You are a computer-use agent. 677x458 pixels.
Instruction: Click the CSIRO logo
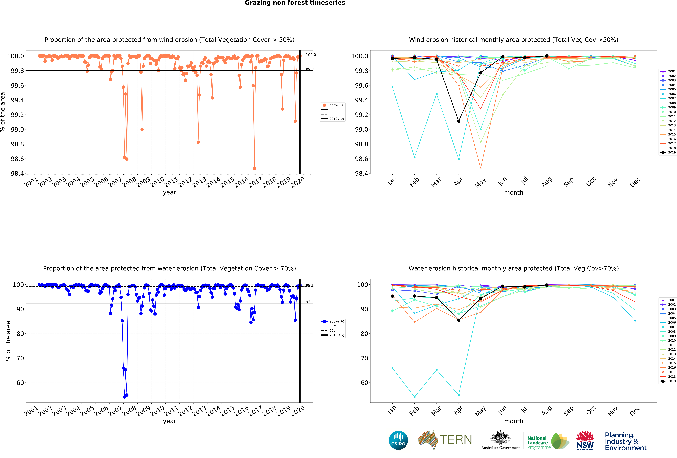click(398, 440)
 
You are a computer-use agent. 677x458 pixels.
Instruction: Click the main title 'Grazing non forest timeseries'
click(295, 3)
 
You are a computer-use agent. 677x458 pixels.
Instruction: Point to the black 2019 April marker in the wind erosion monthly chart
click(458, 121)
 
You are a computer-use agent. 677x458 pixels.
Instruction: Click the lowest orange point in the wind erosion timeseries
click(254, 168)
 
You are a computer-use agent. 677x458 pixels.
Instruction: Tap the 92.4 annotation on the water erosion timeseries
click(309, 302)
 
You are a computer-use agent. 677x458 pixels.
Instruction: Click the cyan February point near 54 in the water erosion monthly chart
click(415, 397)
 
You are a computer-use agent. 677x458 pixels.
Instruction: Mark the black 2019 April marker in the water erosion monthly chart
click(458, 320)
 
